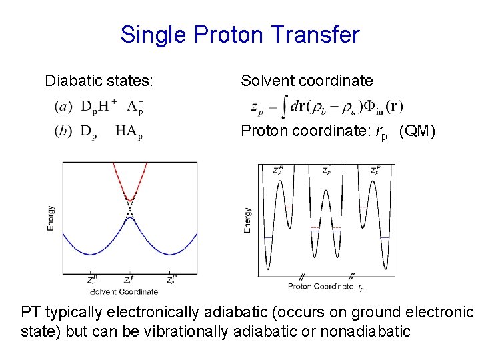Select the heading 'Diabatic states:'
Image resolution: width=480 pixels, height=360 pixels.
99,81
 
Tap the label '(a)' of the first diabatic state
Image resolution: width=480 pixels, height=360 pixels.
63,106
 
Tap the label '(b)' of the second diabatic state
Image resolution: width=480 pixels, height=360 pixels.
63,131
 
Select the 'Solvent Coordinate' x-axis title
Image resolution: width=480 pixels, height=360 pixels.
124,291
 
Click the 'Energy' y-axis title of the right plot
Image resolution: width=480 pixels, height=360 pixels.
248,220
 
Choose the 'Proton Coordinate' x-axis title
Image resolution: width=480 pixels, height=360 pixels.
321,287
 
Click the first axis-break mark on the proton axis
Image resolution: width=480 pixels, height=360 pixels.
302,275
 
